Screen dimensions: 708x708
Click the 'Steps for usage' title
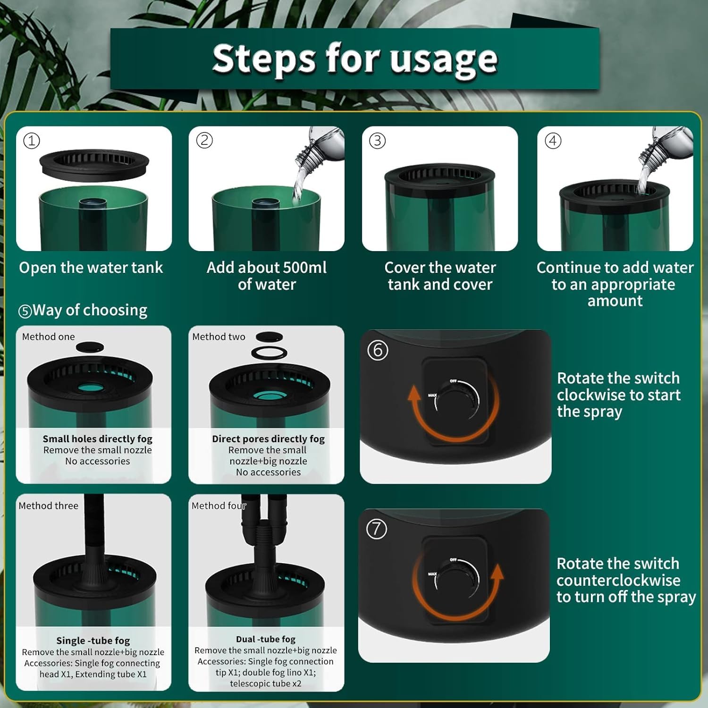click(354, 59)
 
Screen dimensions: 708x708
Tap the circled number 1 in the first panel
click(32, 141)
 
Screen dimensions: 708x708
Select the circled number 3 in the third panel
click(377, 141)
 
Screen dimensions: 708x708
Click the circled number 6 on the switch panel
click(378, 351)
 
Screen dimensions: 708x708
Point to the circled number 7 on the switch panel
click(377, 529)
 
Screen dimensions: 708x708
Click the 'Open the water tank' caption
click(91, 268)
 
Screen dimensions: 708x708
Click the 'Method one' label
click(48, 337)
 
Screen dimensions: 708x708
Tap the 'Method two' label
click(219, 337)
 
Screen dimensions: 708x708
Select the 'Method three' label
click(48, 506)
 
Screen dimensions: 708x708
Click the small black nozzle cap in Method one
click(90, 348)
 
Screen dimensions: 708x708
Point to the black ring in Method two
click(269, 353)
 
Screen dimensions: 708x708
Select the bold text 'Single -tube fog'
click(93, 641)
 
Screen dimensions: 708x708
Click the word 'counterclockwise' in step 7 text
click(618, 580)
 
